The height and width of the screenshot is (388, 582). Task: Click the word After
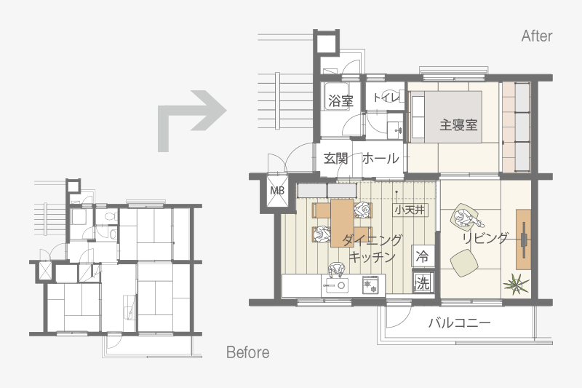(x=537, y=36)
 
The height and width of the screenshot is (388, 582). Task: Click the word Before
(x=248, y=352)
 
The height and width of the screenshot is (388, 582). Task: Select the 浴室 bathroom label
(x=340, y=100)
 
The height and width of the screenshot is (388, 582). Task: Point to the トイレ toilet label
(x=386, y=98)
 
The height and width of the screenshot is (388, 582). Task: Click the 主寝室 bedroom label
(x=458, y=124)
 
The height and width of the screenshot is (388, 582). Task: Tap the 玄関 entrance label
(x=335, y=159)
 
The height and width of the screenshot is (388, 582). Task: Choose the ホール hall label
(x=380, y=159)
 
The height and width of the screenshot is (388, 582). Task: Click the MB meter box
(x=277, y=191)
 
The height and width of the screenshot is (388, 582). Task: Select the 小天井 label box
(x=410, y=210)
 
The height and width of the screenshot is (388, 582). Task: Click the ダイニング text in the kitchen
(x=372, y=240)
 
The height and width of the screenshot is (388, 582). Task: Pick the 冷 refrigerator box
(x=423, y=256)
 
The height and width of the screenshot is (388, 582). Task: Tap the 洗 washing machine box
(x=423, y=283)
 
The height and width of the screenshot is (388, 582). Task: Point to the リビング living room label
(x=485, y=237)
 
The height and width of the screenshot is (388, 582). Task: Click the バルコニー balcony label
(x=460, y=322)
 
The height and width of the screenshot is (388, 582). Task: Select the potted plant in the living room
(x=517, y=284)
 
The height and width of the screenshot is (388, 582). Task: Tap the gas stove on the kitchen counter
(x=370, y=285)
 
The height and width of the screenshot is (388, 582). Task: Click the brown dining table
(x=342, y=223)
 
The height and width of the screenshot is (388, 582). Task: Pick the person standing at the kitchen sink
(x=336, y=271)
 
